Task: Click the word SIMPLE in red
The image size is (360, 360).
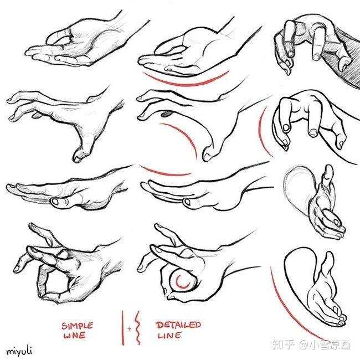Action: click(77, 326)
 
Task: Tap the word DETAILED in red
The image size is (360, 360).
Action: click(178, 325)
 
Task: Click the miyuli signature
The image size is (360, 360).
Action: click(19, 351)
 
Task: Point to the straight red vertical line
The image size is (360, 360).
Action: click(123, 328)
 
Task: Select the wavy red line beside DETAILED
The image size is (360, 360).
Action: click(137, 328)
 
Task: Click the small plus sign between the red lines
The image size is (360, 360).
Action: click(129, 328)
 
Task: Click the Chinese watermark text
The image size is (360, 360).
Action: click(312, 345)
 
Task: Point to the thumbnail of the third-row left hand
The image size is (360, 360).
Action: click(55, 202)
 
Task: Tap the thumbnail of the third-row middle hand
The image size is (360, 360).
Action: click(187, 202)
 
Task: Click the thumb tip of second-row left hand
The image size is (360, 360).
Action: click(78, 158)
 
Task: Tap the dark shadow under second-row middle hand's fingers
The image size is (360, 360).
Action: click(167, 114)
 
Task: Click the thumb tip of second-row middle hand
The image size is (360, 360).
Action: click(207, 157)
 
